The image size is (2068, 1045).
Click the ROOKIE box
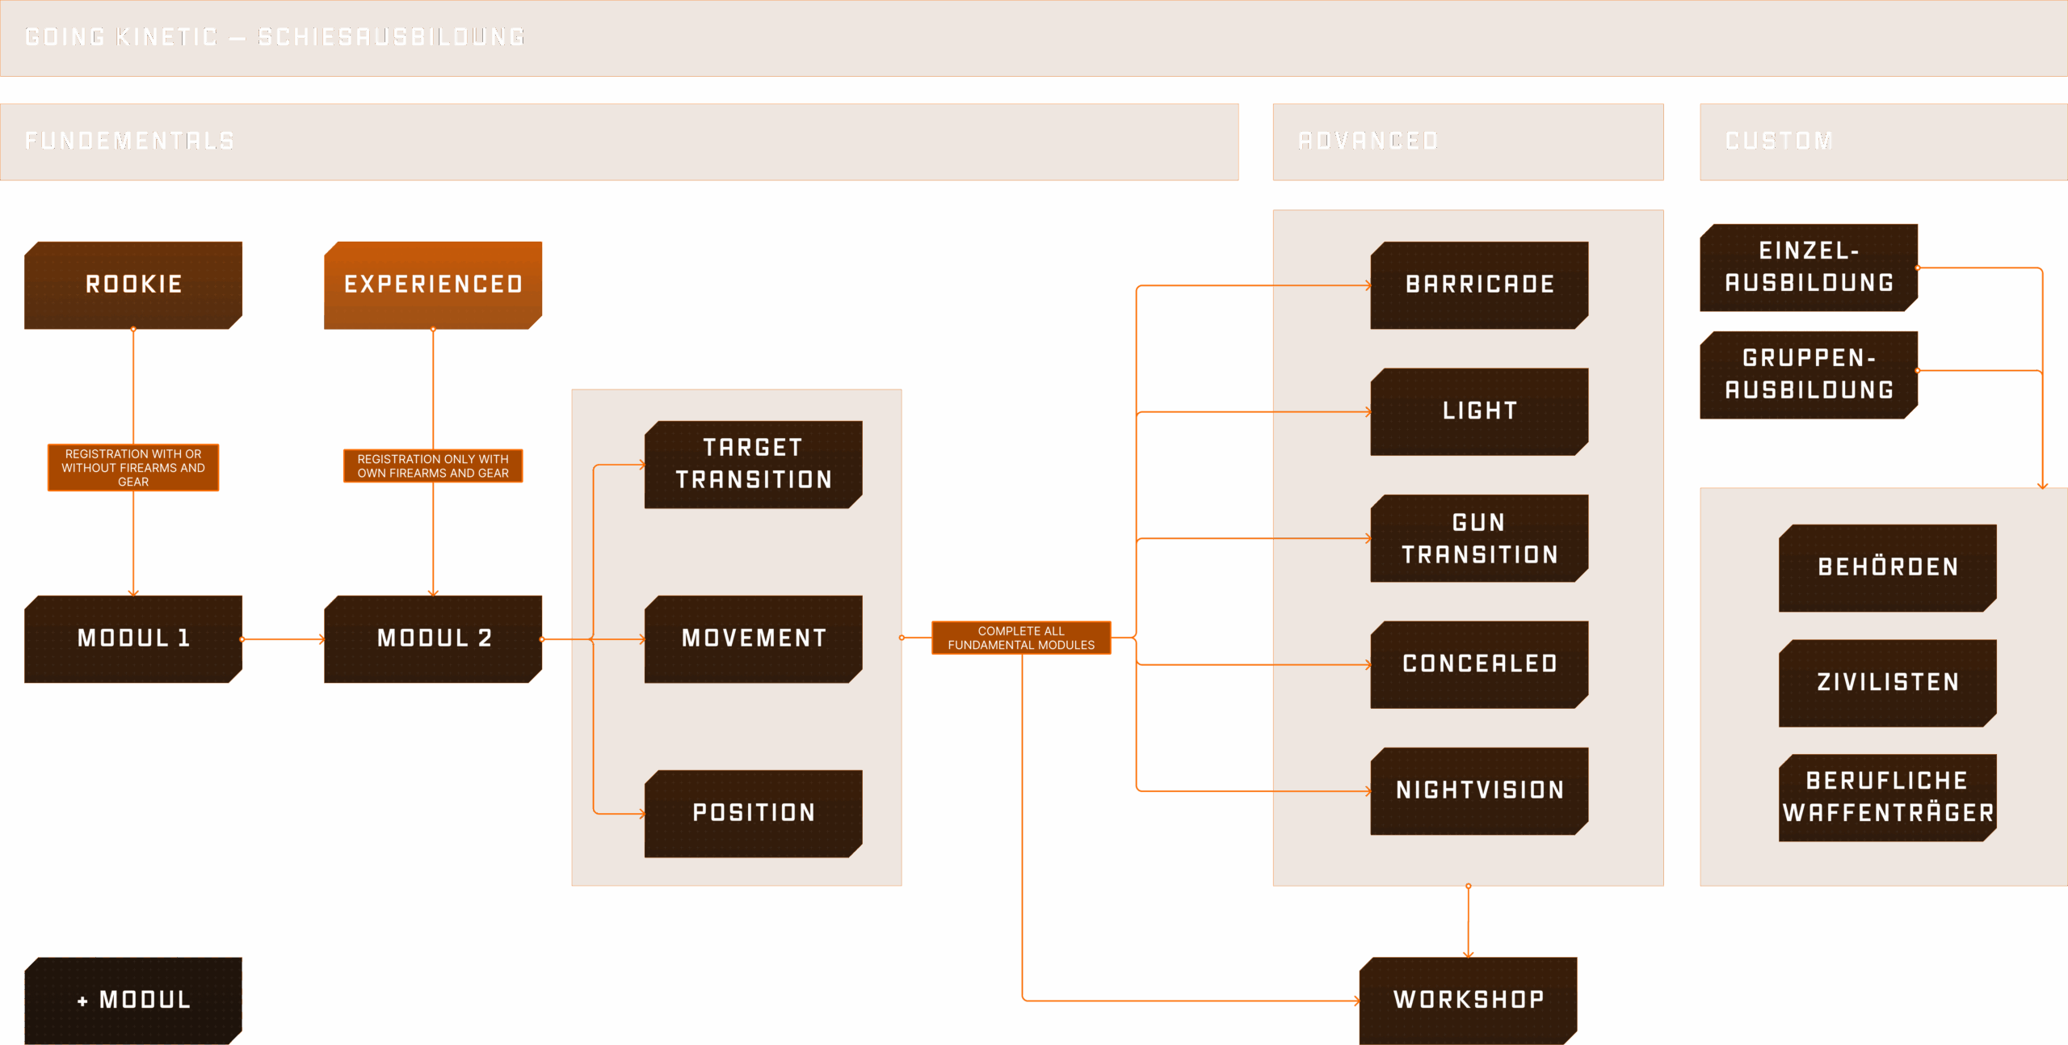point(133,284)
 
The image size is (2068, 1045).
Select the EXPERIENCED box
point(433,284)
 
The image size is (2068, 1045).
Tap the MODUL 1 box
point(133,638)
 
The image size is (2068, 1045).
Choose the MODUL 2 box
point(433,638)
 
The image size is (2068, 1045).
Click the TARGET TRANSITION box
point(753,464)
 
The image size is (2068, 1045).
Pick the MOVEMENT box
point(753,638)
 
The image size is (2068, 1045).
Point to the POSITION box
point(753,813)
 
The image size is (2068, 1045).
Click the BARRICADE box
point(1479,284)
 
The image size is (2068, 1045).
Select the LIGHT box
point(1479,411)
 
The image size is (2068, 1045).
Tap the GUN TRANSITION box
point(1479,538)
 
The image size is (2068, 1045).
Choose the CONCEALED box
point(1479,664)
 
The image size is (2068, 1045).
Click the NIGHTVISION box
point(1479,790)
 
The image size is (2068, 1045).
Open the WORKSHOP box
point(1468,1000)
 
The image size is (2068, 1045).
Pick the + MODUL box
point(133,1000)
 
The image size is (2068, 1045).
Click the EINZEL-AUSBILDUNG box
point(1809,268)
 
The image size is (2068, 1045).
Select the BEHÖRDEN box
point(1888,567)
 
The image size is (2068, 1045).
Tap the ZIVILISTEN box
point(1888,683)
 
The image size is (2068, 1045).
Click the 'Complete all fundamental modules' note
point(1021,638)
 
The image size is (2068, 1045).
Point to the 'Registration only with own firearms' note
point(433,466)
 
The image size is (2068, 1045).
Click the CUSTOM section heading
point(1779,141)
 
